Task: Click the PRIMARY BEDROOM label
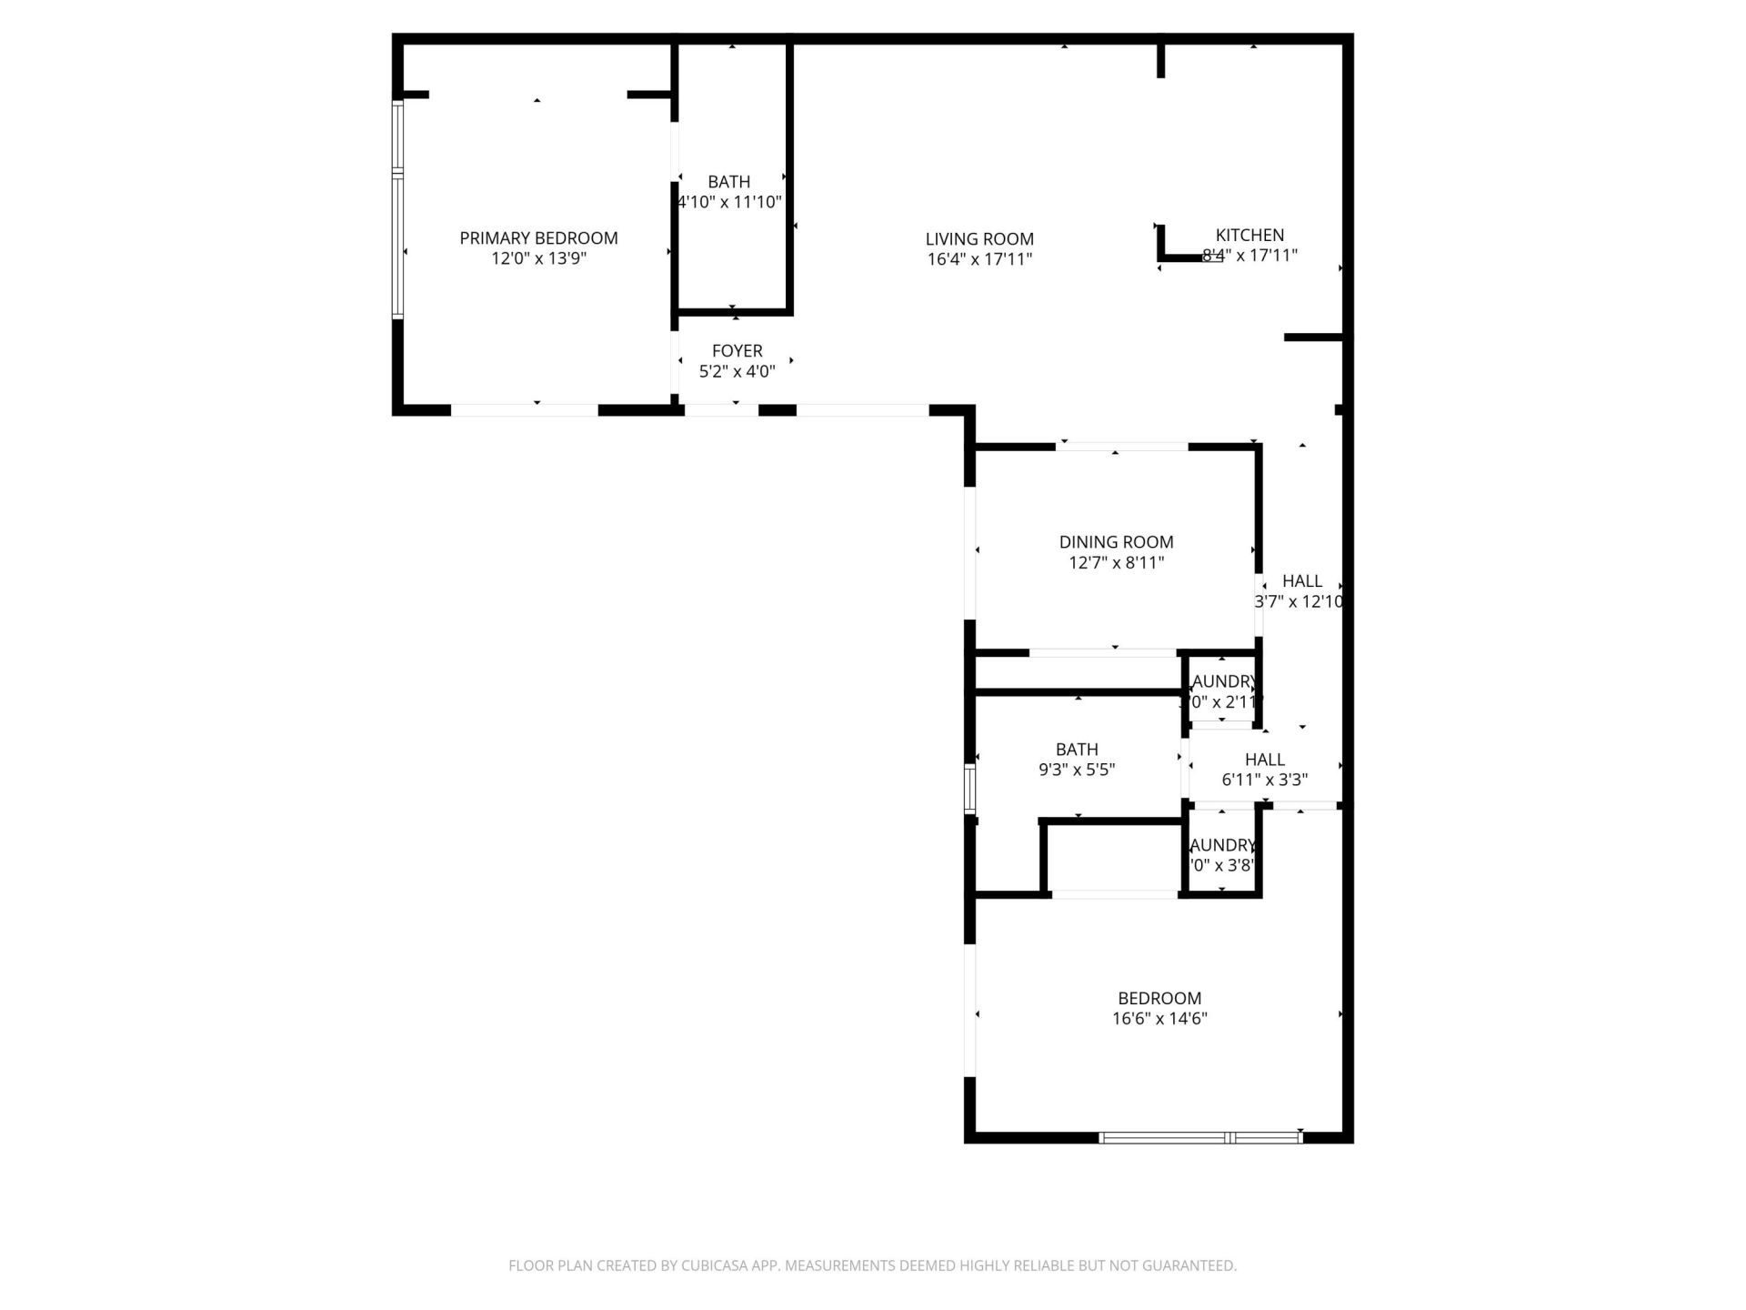coord(538,238)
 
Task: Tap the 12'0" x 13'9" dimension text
coord(538,258)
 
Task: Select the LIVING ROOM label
coord(979,239)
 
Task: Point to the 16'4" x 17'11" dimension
coord(979,259)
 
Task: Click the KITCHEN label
coord(1249,235)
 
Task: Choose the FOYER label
coord(737,351)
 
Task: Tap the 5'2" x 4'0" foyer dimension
coord(737,371)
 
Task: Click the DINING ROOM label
coord(1116,542)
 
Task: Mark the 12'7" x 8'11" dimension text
coord(1116,563)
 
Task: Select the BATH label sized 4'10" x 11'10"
coord(728,182)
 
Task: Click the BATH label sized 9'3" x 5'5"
coord(1077,750)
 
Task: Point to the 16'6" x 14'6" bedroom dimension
coord(1159,1019)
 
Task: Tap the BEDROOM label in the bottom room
coord(1159,998)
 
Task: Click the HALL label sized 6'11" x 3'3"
coord(1264,760)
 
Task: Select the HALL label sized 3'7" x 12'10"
coord(1302,581)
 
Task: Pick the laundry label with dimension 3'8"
coord(1223,845)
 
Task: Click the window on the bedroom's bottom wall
coord(1200,1137)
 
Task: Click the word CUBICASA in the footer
coord(723,1265)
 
